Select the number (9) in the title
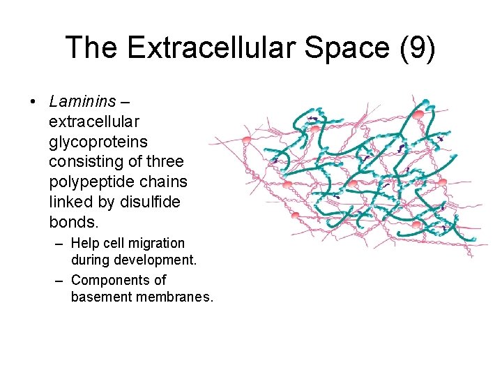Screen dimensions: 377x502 pos(420,47)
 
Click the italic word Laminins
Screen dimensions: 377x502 pos(82,101)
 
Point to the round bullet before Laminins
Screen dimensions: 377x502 pos(33,102)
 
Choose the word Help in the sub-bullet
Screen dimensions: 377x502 pos(86,244)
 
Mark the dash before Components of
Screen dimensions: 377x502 pos(59,280)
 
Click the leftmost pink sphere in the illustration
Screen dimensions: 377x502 pos(246,140)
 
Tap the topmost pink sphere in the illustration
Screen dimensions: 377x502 pos(418,114)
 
